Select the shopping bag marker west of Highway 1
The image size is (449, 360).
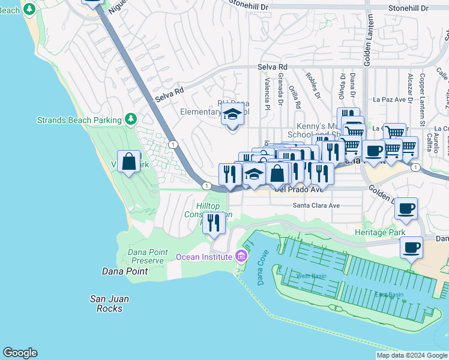tap(129, 161)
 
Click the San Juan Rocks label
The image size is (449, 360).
tap(109, 304)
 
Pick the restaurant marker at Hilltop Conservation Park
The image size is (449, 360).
tap(214, 223)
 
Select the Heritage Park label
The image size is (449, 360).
tap(379, 232)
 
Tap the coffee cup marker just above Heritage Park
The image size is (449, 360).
tap(406, 208)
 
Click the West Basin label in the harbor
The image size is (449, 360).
tap(311, 276)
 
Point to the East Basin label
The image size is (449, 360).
tap(389, 295)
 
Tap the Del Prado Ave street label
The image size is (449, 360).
tap(298, 189)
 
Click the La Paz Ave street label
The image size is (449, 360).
tap(391, 100)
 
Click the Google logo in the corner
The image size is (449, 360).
tap(20, 353)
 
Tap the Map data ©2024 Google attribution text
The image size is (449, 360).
tap(412, 355)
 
